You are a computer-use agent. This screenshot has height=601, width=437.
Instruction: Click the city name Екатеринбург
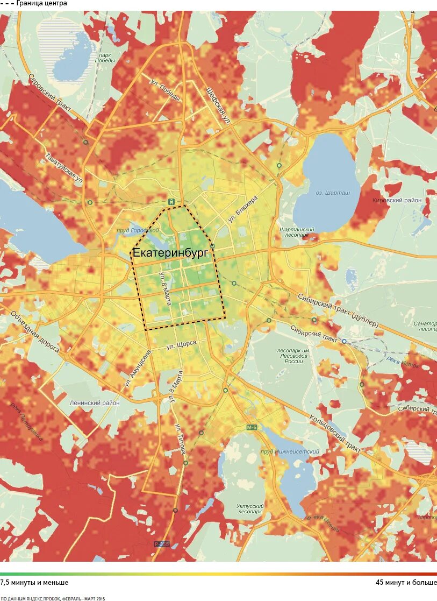coord(170,253)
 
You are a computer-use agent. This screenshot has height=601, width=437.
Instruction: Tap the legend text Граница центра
coord(41,3)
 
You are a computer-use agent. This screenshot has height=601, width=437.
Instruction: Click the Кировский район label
coord(397,200)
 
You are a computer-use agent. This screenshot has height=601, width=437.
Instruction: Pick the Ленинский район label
coord(95,402)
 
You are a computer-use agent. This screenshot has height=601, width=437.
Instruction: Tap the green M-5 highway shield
coord(252,427)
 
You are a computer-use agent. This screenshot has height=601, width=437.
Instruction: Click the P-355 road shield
coord(161,544)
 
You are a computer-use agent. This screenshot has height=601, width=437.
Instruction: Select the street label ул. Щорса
coord(181,345)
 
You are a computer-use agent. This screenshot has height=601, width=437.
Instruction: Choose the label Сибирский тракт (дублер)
coord(339,310)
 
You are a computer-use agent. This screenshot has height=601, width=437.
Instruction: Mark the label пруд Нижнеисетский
coord(290,451)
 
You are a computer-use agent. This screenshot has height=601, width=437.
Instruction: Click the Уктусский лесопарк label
coord(249,509)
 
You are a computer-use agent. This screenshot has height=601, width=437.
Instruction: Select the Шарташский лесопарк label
coord(297,232)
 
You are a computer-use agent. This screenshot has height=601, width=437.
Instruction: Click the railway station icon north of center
coord(171,202)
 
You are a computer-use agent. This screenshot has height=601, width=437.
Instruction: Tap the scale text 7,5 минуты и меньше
coord(34,582)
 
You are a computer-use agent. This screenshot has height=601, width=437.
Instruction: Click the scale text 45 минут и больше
coord(406,582)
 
